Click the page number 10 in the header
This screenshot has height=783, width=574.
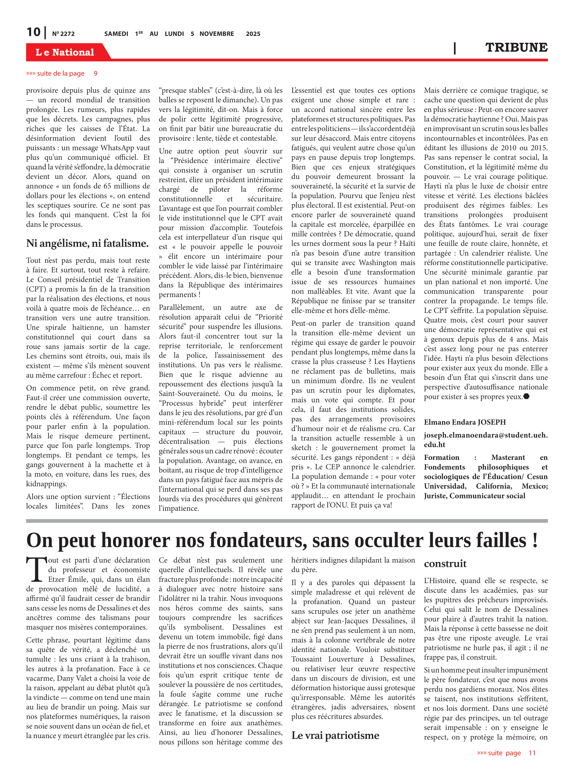pyautogui.click(x=33, y=32)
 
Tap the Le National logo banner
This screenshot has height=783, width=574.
pyautogui.click(x=65, y=52)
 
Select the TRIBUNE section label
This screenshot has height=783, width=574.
pyautogui.click(x=516, y=47)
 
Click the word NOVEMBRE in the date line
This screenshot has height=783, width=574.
pyautogui.click(x=217, y=34)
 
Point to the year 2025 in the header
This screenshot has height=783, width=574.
pyautogui.click(x=253, y=34)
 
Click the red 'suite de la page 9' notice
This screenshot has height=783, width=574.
pyautogui.click(x=62, y=73)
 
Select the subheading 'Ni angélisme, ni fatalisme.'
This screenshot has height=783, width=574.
pyautogui.click(x=87, y=243)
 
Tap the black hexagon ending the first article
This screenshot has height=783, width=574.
pyautogui.click(x=527, y=396)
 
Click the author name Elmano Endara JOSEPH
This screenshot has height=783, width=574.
pyautogui.click(x=465, y=422)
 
